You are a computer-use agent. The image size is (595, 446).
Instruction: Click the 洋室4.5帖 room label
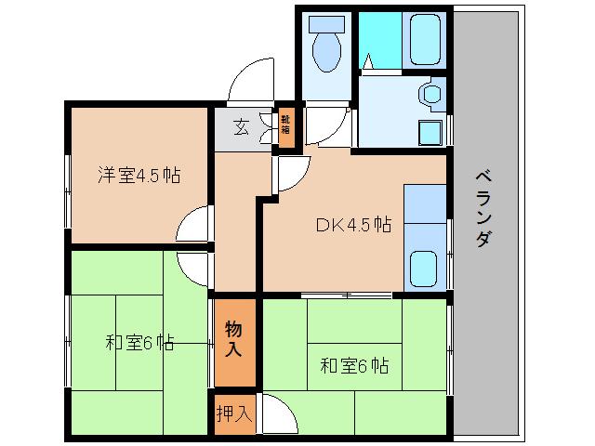[139, 175]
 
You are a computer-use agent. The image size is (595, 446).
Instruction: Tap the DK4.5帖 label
[352, 225]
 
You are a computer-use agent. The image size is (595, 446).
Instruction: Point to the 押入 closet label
[232, 413]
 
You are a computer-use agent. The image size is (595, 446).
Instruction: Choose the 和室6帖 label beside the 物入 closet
[354, 364]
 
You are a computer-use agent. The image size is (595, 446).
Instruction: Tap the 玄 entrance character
[240, 127]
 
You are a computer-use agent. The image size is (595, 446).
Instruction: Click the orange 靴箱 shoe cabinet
[286, 124]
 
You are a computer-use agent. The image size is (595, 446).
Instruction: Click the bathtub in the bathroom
[426, 40]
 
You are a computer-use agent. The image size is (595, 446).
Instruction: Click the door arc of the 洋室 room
[192, 225]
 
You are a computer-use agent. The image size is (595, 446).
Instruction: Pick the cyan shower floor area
[377, 42]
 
